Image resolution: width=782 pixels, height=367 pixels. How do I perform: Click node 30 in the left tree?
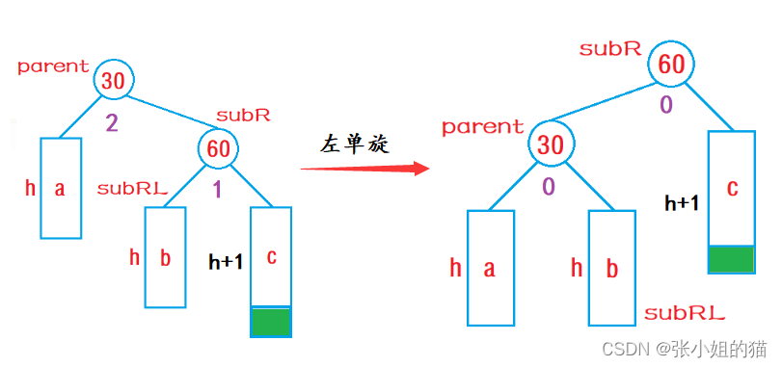pos(114,81)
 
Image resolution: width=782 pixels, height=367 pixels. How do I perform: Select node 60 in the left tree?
pos(218,148)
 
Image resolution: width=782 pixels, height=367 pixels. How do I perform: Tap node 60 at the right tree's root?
pos(671,66)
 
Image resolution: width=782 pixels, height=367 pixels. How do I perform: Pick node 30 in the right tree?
pos(550,145)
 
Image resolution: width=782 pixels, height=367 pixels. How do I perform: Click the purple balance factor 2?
pos(112,122)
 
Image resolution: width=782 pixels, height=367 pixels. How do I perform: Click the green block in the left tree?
pos(270,321)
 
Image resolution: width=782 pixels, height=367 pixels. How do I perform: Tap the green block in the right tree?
pos(731,259)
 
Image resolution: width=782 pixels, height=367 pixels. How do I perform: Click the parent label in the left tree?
pos(53,67)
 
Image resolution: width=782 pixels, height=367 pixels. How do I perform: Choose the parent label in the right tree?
pos(482,127)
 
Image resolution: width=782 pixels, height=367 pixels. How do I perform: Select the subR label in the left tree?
pos(243,115)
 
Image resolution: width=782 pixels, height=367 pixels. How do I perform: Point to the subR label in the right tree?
pos(610,48)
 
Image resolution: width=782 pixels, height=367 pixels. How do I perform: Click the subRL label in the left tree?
pos(132,189)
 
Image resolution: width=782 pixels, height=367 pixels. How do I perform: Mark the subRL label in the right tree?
pos(684,313)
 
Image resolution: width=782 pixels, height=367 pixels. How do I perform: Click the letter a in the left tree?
pos(60,189)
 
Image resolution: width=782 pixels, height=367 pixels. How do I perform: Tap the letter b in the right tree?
pos(611,268)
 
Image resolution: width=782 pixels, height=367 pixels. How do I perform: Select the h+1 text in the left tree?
pos(226,261)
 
